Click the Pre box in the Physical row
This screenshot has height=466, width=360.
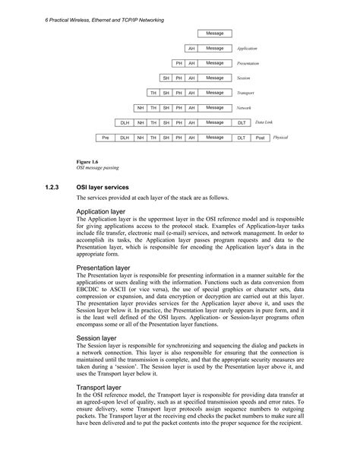click(x=105, y=138)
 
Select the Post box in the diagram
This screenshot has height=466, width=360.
click(x=260, y=138)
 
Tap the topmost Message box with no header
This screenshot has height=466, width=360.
click(x=215, y=33)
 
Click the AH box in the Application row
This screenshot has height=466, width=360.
click(x=191, y=48)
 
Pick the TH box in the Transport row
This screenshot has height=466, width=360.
click(x=153, y=93)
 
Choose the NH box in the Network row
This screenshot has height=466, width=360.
click(x=140, y=108)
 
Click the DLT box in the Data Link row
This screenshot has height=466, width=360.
click(x=241, y=122)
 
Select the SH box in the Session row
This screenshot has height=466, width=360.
click(x=166, y=78)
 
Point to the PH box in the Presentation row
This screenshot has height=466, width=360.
click(x=178, y=63)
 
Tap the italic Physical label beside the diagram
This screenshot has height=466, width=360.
click(x=280, y=137)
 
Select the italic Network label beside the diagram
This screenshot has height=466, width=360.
click(x=244, y=107)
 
